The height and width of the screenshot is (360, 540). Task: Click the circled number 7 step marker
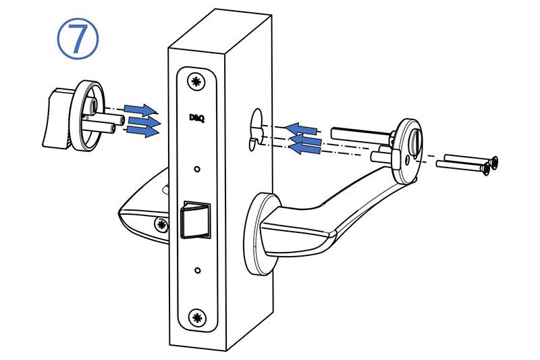point(78,38)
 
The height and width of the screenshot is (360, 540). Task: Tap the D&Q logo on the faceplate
point(197,118)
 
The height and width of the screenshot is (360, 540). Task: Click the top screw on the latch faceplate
point(196,82)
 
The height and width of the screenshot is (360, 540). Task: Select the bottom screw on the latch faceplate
point(197,317)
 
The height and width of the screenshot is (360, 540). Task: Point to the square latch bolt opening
point(196,220)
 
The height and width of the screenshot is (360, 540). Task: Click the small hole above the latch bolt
point(197,169)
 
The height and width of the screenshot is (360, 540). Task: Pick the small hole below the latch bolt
point(197,270)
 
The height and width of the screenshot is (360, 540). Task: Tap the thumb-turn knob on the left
point(56,118)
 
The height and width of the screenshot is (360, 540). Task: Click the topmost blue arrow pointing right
point(140,110)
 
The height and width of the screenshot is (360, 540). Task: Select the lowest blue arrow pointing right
point(143,131)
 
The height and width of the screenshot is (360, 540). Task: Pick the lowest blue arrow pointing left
point(304,149)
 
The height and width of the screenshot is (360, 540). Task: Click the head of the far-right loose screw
point(495,163)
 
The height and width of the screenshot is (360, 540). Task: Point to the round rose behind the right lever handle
point(256,234)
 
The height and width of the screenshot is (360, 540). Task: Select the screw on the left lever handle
point(161,225)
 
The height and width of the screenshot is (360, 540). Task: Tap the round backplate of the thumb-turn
point(87,115)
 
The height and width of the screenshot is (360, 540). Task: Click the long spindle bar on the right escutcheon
point(362,134)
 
